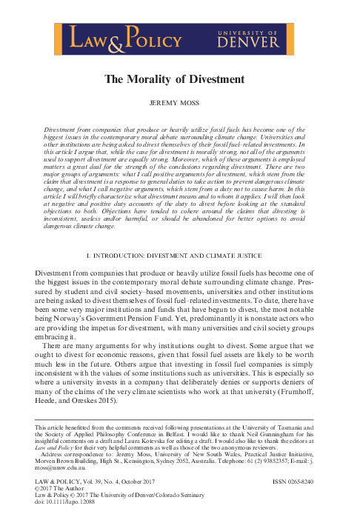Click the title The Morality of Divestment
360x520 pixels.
[x=179, y=79]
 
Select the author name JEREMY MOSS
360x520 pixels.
[x=179, y=105]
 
